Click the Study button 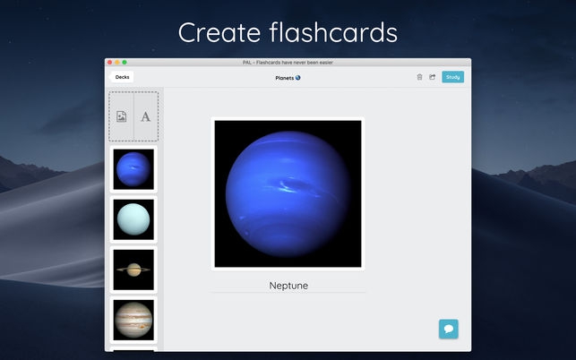[452, 77]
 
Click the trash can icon [419, 77]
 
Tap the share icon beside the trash [432, 77]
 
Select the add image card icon [122, 116]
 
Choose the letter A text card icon [146, 116]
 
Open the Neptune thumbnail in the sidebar [133, 168]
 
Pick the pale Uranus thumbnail [133, 219]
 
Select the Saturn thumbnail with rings [133, 269]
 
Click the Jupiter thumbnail [133, 318]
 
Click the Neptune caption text [288, 286]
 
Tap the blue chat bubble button [449, 329]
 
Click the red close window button [110, 63]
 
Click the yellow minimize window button [117, 63]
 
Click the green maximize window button [125, 63]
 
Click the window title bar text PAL [246, 63]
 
